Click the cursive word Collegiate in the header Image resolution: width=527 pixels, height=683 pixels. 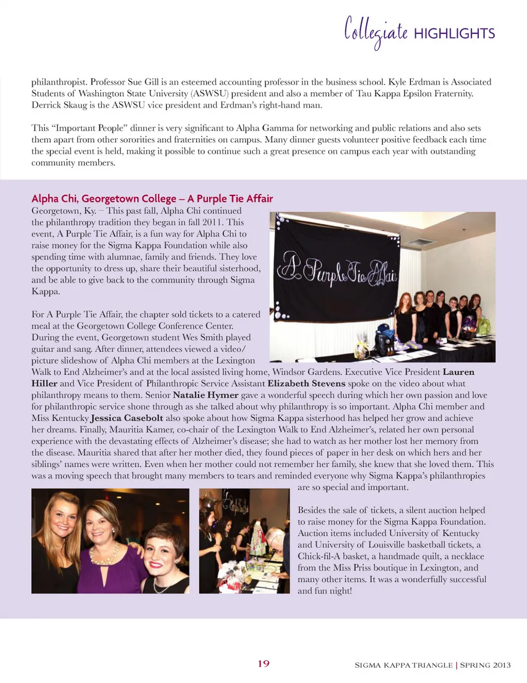(x=375, y=31)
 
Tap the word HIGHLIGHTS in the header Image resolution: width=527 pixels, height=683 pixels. (x=454, y=33)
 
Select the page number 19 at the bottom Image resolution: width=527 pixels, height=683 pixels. (x=263, y=663)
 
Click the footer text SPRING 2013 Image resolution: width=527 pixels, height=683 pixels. (x=485, y=665)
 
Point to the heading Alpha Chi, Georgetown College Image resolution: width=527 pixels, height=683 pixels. (x=104, y=199)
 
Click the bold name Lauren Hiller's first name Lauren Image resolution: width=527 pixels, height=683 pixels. (x=458, y=372)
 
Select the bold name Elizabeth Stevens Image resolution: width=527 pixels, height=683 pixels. (x=306, y=383)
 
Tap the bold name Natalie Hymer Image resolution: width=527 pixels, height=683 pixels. (x=205, y=395)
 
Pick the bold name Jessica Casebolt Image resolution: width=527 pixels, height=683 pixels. (x=127, y=418)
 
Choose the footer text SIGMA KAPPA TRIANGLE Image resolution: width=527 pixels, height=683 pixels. (x=403, y=665)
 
